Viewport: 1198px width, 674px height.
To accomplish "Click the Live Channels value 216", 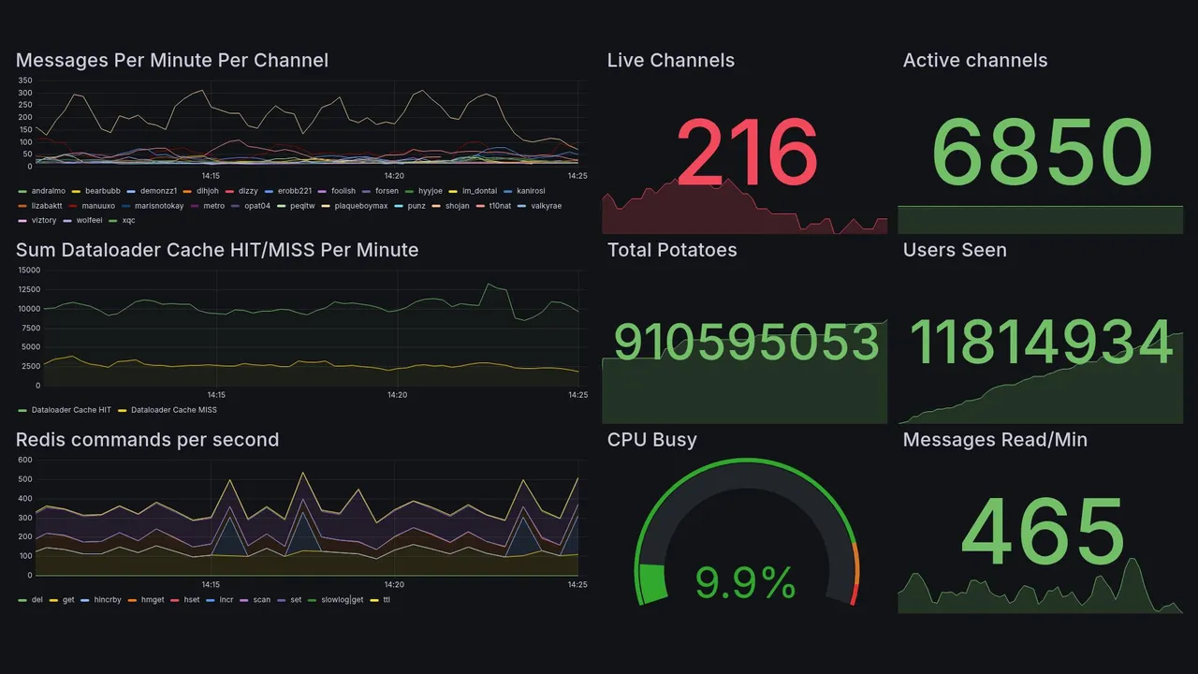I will [x=746, y=153].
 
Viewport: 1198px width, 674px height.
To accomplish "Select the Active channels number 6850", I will [x=1042, y=153].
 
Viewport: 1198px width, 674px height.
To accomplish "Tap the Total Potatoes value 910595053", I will [x=746, y=343].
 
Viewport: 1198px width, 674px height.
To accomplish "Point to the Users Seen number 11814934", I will [x=1042, y=343].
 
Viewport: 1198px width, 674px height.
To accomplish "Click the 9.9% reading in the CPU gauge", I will [x=745, y=584].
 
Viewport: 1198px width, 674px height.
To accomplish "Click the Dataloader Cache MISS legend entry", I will [x=173, y=410].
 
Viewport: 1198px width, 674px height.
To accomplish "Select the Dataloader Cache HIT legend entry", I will [x=70, y=410].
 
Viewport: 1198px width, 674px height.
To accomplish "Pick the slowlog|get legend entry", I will [x=342, y=599].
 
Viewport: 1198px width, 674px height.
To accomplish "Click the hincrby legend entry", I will [x=110, y=599].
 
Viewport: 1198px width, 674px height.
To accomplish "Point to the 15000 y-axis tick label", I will [x=29, y=270].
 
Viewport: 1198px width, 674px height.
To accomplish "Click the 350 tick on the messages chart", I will [x=25, y=81].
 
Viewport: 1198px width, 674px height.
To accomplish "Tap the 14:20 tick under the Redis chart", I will [x=395, y=584].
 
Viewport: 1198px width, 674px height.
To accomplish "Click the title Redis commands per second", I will [x=147, y=440].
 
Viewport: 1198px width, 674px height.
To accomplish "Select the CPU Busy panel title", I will [x=651, y=440].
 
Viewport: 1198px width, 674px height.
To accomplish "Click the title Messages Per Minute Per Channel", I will [x=172, y=61].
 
